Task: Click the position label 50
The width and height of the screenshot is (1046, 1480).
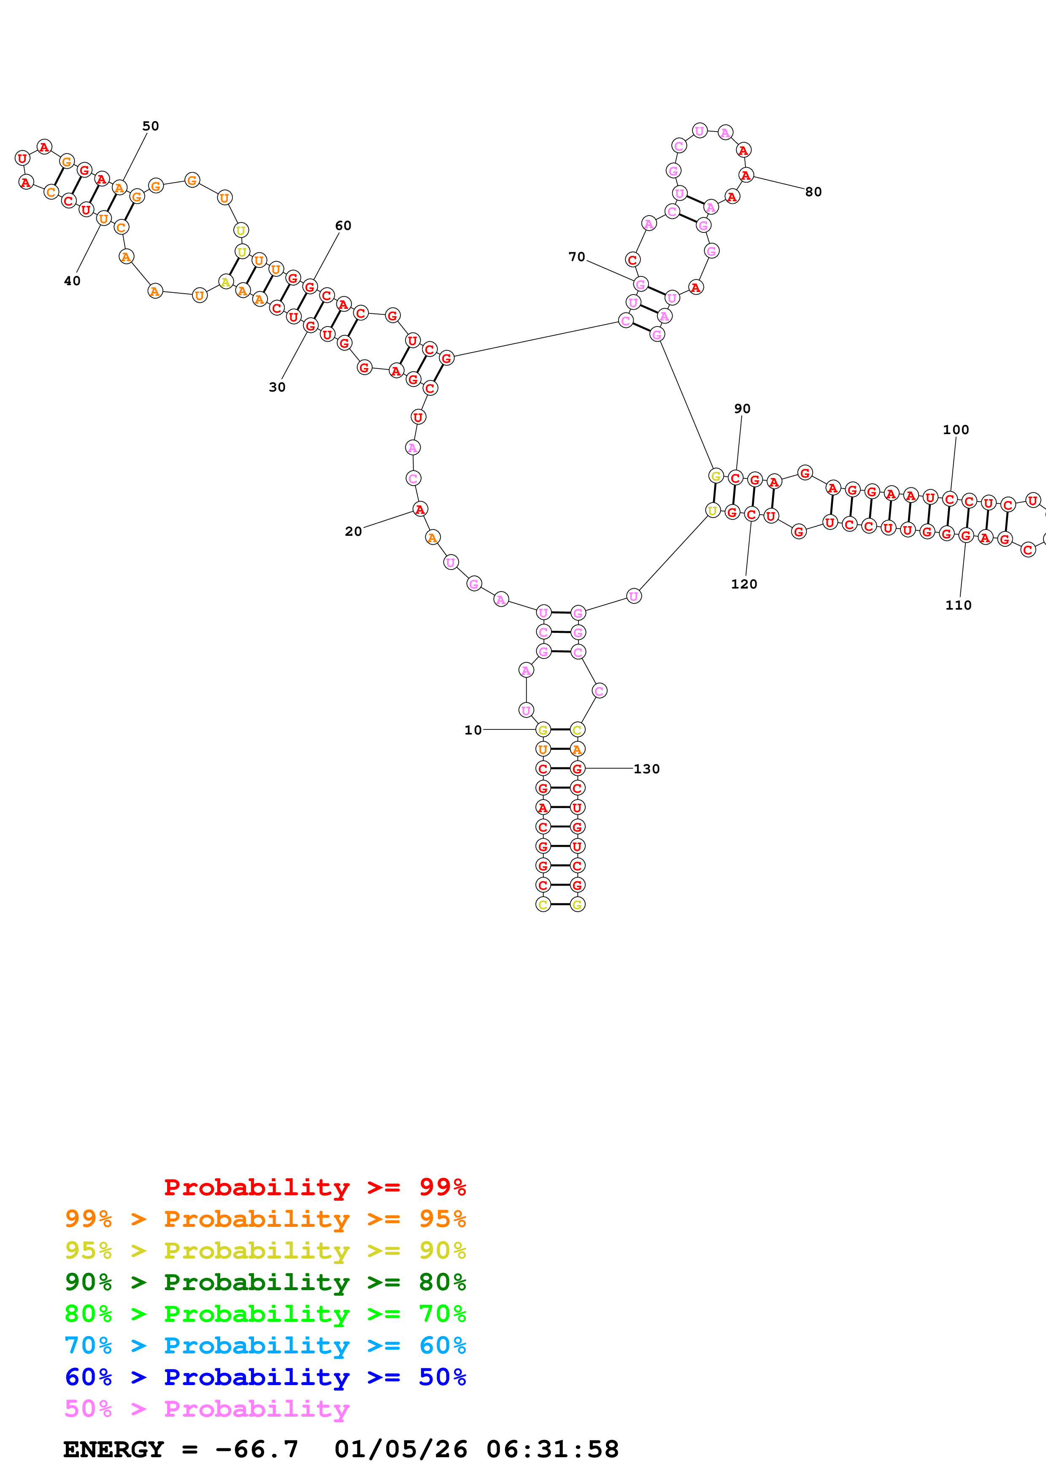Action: [x=150, y=126]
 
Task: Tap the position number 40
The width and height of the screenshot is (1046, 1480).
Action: [x=72, y=281]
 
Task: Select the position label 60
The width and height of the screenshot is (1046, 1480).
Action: [x=343, y=226]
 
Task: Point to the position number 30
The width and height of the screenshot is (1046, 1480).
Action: [x=277, y=387]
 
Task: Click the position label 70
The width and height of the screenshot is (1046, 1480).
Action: [x=577, y=257]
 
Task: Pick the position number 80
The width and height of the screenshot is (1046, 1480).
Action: [x=814, y=192]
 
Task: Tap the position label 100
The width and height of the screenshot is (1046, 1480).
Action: [x=956, y=430]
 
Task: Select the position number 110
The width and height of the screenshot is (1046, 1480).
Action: [x=958, y=605]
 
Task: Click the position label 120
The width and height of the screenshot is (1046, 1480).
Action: [x=744, y=584]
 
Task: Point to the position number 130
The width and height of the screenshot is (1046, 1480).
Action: [x=646, y=769]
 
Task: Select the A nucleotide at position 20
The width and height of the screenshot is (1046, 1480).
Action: [x=419, y=509]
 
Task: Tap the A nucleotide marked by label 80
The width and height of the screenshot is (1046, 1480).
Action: [x=746, y=176]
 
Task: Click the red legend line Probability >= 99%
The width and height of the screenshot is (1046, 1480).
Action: [x=314, y=1187]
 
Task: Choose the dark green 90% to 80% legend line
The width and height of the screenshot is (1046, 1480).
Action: [x=265, y=1282]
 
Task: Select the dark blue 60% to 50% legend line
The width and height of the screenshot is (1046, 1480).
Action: [x=265, y=1377]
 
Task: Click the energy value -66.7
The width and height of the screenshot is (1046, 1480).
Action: [x=257, y=1449]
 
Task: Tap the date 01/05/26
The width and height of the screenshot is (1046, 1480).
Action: [x=400, y=1449]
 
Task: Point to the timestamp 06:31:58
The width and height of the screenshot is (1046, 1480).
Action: [x=552, y=1449]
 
